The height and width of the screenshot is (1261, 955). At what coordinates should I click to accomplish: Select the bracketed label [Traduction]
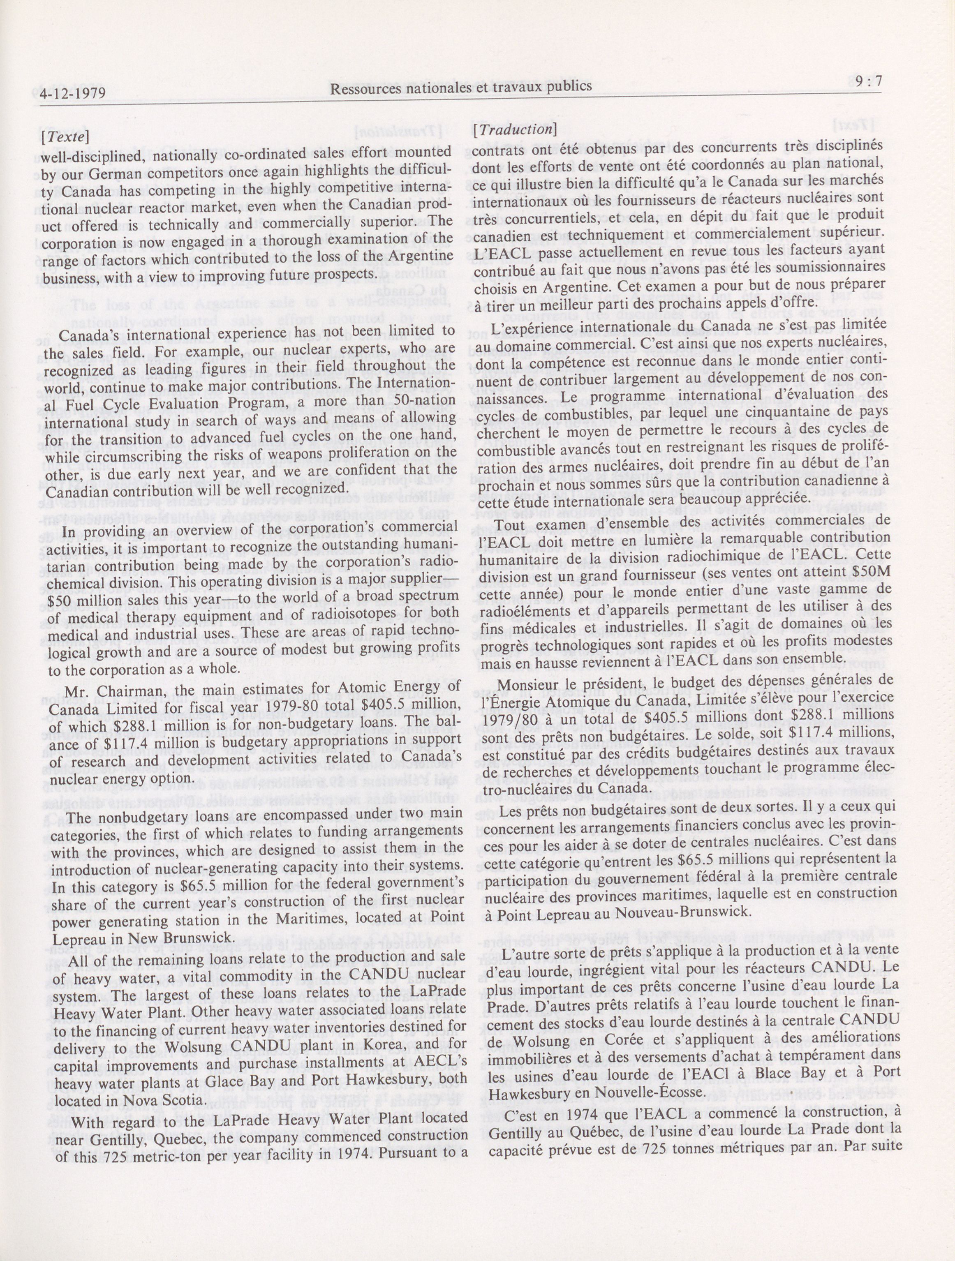pyautogui.click(x=514, y=129)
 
